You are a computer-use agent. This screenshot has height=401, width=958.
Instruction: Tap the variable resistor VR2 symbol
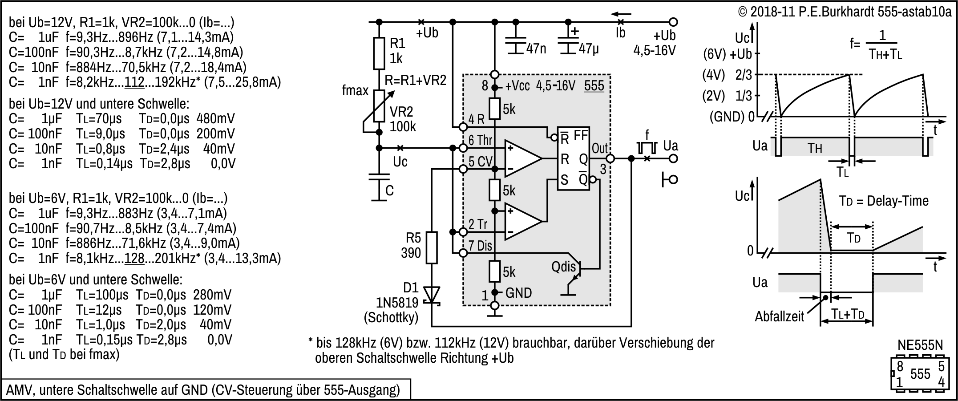tap(379, 106)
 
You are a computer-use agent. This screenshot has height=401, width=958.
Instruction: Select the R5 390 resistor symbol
tap(431, 247)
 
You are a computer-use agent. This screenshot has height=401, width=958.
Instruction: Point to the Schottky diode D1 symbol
tap(431, 295)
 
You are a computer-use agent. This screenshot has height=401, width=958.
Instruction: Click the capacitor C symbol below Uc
tap(379, 180)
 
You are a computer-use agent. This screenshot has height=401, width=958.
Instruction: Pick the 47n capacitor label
tap(536, 49)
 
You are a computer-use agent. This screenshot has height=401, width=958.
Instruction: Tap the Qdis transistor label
tap(563, 267)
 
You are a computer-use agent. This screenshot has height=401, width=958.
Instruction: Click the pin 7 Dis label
tap(480, 246)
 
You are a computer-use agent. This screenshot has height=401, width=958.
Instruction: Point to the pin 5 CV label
tap(481, 162)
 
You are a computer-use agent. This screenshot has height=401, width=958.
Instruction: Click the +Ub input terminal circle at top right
tap(674, 21)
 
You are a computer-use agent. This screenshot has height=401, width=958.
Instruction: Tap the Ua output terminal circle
tap(674, 158)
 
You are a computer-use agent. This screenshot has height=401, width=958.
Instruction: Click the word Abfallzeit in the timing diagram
tap(779, 317)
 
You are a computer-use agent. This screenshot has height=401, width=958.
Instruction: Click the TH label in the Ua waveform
tap(815, 148)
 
